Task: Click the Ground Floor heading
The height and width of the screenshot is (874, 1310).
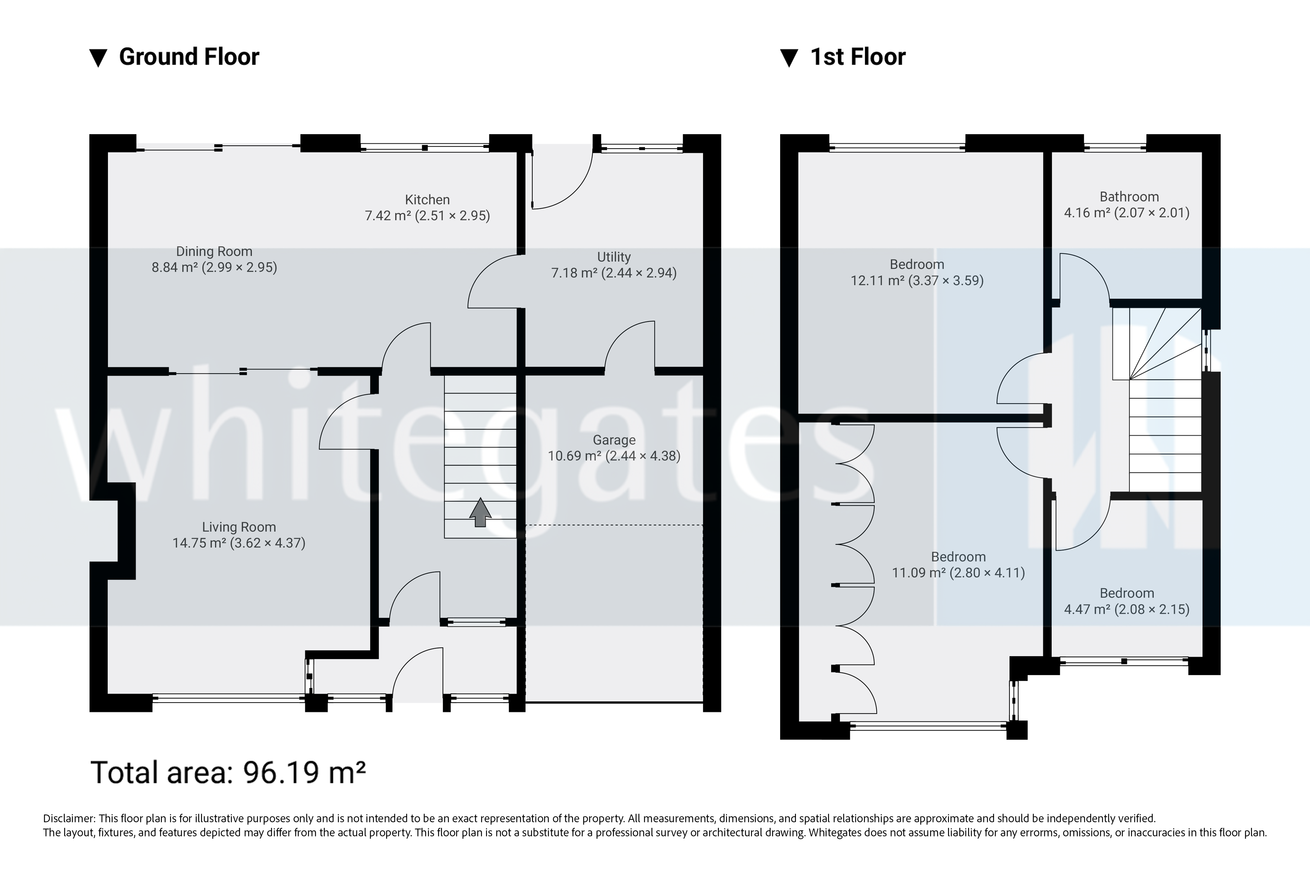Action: click(189, 57)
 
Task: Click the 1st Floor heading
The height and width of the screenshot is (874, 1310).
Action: click(858, 57)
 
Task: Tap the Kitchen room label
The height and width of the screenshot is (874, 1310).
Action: click(427, 200)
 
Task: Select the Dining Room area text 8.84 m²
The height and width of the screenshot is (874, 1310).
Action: click(175, 268)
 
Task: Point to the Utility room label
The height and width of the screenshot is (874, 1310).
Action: click(614, 257)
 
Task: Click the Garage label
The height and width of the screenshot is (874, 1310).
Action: click(614, 440)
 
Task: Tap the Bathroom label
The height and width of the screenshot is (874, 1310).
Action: click(1129, 197)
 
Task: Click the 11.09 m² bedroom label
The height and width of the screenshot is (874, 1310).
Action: click(958, 564)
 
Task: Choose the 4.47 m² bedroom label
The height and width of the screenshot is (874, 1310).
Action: click(1126, 601)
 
